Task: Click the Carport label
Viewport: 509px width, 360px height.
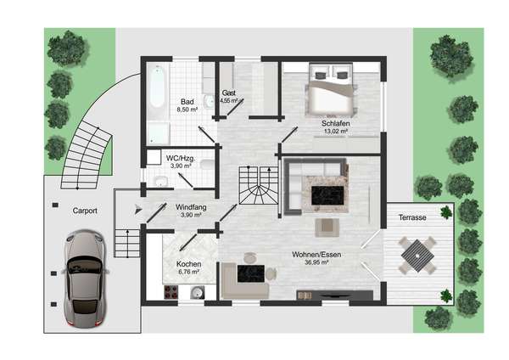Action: click(x=85, y=211)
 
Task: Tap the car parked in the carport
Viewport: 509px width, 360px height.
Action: click(x=85, y=278)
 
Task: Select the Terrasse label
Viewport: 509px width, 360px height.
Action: click(x=412, y=217)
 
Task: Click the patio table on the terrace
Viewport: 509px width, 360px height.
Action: click(x=417, y=256)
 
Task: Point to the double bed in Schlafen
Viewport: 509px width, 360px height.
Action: click(x=331, y=90)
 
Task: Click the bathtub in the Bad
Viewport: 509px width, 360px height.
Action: click(x=157, y=87)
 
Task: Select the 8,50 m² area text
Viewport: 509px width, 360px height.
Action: click(x=187, y=110)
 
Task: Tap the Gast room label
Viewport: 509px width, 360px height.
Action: click(x=229, y=93)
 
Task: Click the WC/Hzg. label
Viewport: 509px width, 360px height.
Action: click(x=181, y=159)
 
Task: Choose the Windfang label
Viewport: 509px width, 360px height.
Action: click(x=191, y=207)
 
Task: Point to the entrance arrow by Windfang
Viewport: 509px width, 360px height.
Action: click(x=138, y=210)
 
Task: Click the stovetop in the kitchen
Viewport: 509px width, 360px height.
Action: click(x=171, y=292)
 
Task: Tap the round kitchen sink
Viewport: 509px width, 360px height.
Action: click(x=197, y=292)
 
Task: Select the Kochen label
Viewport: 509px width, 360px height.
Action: click(x=188, y=264)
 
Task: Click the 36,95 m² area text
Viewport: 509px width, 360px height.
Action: click(x=316, y=262)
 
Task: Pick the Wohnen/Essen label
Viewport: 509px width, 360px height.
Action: click(x=316, y=255)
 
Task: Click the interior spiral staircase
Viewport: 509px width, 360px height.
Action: click(x=259, y=185)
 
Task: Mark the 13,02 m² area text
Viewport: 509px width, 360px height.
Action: click(x=336, y=132)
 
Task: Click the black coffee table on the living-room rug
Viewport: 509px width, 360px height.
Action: click(x=327, y=195)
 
